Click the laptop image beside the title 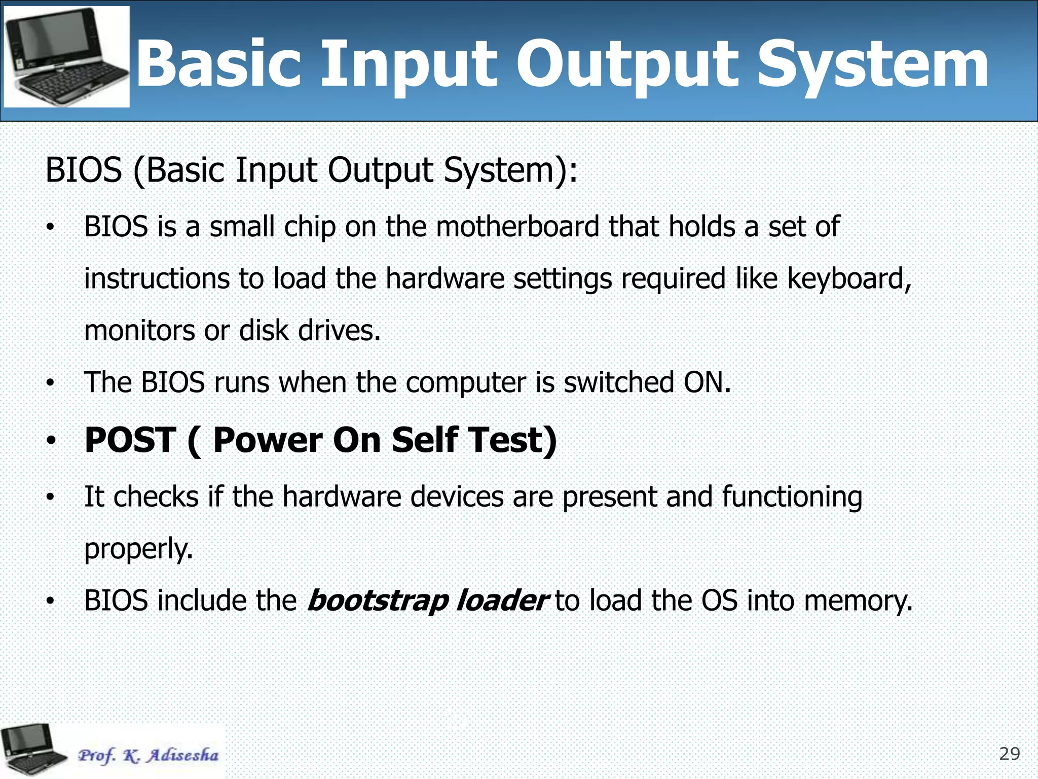(x=66, y=57)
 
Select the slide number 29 (x=1009, y=754)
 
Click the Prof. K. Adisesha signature (x=148, y=755)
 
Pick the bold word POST (x=130, y=440)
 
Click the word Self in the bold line (x=425, y=440)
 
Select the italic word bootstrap (x=378, y=601)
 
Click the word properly (x=138, y=549)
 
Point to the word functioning (x=792, y=497)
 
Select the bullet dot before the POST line (x=50, y=441)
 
